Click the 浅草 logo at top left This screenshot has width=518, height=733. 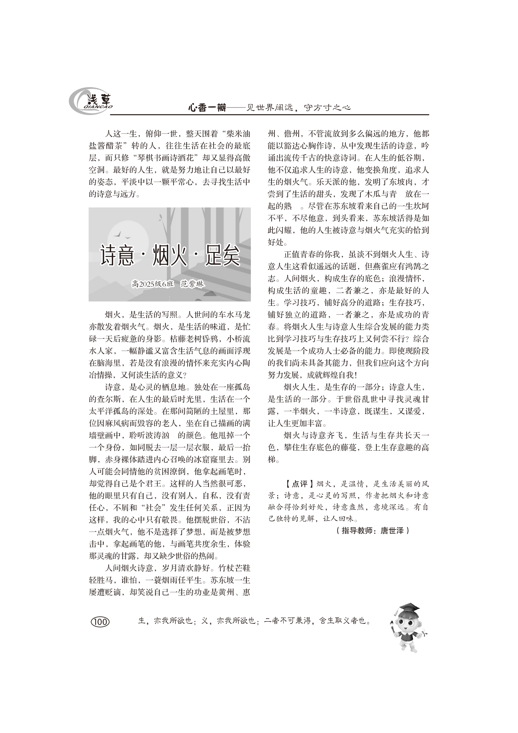91,101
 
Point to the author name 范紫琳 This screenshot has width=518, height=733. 192,284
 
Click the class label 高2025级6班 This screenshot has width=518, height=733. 153,284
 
